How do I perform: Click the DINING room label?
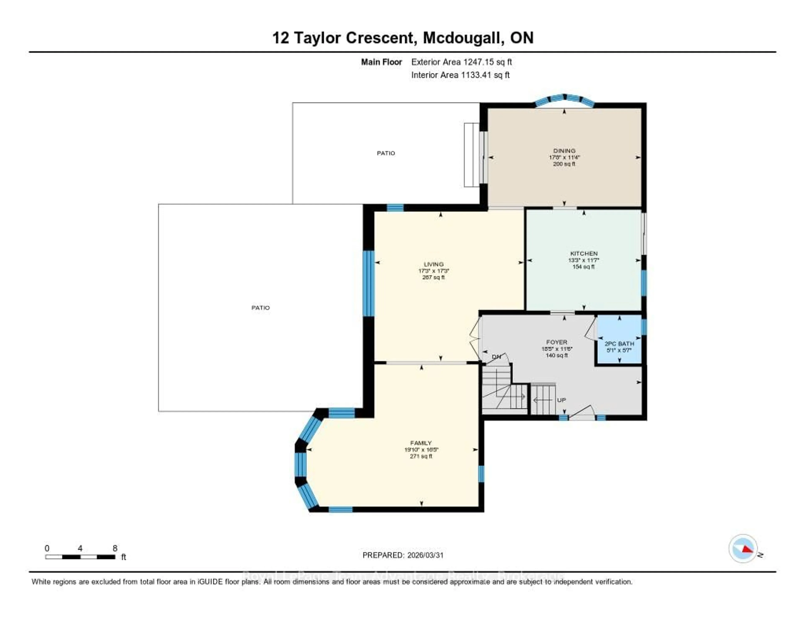coord(564,150)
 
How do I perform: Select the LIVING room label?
coord(434,264)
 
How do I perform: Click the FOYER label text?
coord(557,342)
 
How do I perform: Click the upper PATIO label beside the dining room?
coord(386,153)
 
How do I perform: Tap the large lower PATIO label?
coord(261,307)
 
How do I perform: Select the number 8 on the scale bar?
coord(115,548)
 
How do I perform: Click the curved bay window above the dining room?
coord(564,99)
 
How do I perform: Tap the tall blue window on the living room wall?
coord(368,283)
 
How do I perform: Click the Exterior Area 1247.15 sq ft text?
coord(461,62)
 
